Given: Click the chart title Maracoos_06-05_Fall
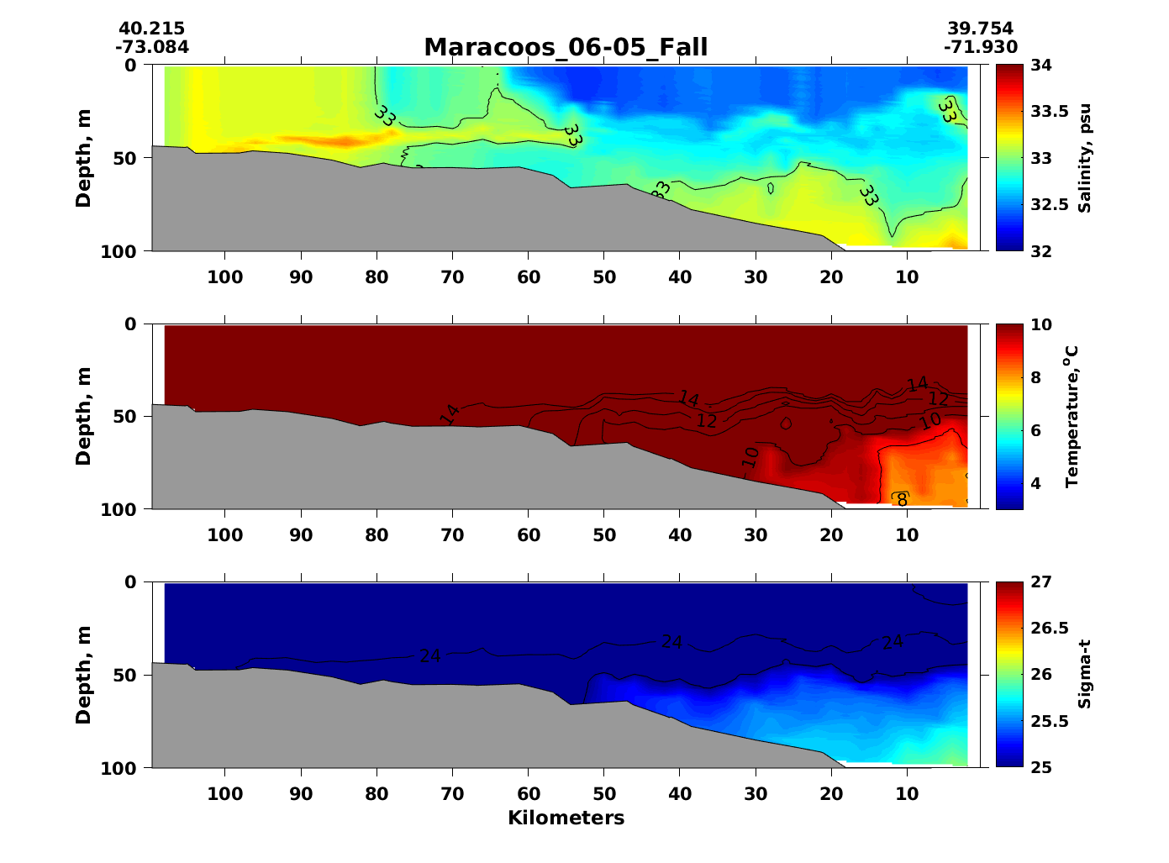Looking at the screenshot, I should point(566,48).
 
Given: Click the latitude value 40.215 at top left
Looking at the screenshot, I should point(151,29).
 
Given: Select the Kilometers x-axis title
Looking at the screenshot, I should point(566,818).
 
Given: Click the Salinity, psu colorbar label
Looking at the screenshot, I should point(1085,158).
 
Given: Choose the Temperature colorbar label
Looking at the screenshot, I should point(1072,416).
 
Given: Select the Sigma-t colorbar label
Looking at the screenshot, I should point(1085,674).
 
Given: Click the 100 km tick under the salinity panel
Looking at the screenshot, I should point(225,278).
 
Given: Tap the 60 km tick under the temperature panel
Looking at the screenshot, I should point(529,536).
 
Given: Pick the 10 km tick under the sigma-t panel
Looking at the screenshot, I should point(907,794).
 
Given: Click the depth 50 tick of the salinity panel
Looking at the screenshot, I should point(132,158).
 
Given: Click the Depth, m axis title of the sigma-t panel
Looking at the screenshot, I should point(83,674).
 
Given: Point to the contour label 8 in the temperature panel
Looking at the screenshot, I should point(902,500).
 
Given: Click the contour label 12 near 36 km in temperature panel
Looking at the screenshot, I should point(707,421).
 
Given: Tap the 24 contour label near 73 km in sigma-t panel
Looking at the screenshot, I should point(429,656).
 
